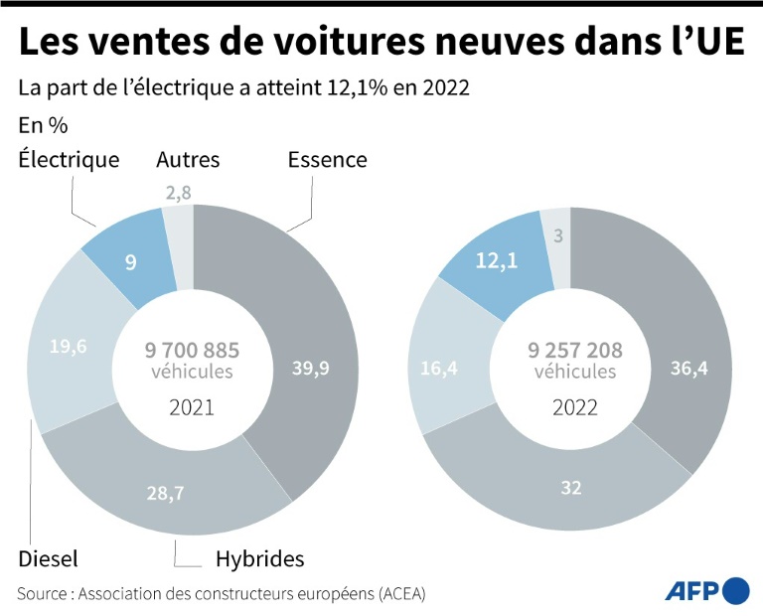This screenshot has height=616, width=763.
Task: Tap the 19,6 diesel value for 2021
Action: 70,347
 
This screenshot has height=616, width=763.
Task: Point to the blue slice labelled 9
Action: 129,262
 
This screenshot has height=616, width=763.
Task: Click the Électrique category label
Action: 69,159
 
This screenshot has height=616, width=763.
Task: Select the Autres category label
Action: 188,159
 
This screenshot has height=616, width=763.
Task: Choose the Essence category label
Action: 327,159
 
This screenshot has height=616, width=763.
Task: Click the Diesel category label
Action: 47,558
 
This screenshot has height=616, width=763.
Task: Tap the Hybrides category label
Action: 259,558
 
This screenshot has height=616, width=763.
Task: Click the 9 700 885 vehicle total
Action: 193,351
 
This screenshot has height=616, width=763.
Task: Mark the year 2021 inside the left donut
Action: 192,406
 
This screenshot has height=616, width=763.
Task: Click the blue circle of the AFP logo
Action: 736,590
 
